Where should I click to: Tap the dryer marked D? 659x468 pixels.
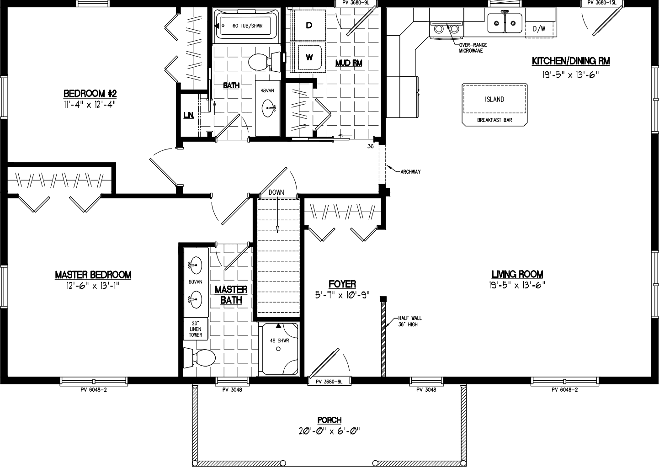(309, 26)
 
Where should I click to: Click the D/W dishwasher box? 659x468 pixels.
(539, 29)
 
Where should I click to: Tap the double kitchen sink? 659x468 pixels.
(505, 22)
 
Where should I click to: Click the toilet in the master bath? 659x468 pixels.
(199, 357)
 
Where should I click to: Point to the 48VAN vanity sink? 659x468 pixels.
(267, 109)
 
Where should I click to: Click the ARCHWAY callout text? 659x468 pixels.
(410, 172)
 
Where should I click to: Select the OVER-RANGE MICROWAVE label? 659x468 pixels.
(473, 48)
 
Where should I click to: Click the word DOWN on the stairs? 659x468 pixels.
(276, 192)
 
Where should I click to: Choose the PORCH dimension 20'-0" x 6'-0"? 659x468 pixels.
(329, 431)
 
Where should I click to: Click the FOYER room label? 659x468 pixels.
(342, 284)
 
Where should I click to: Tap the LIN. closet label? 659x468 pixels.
(188, 116)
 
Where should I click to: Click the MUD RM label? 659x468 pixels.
(348, 63)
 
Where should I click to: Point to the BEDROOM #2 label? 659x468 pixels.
(90, 94)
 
